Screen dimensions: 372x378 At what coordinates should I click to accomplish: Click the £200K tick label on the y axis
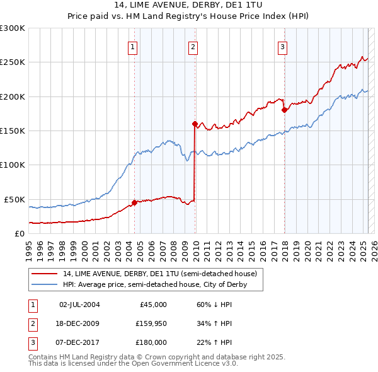pyautogui.click(x=13, y=96)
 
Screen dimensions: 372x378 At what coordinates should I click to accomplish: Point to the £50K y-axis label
pyautogui.click(x=14, y=199)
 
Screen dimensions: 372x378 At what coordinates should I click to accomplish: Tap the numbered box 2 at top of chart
pyautogui.click(x=193, y=46)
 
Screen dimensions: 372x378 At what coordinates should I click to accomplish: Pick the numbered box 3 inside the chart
pyautogui.click(x=283, y=46)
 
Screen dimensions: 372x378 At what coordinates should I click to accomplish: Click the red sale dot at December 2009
pyautogui.click(x=195, y=124)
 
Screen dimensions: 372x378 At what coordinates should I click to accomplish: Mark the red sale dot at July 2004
pyautogui.click(x=134, y=203)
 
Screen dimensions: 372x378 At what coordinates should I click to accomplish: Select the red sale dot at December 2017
pyautogui.click(x=284, y=110)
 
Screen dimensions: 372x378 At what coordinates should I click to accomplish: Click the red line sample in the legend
pyautogui.click(x=45, y=274)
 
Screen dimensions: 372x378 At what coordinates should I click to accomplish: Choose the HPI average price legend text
pyautogui.click(x=154, y=285)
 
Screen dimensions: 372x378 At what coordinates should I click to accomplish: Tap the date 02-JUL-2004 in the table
pyautogui.click(x=79, y=305)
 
